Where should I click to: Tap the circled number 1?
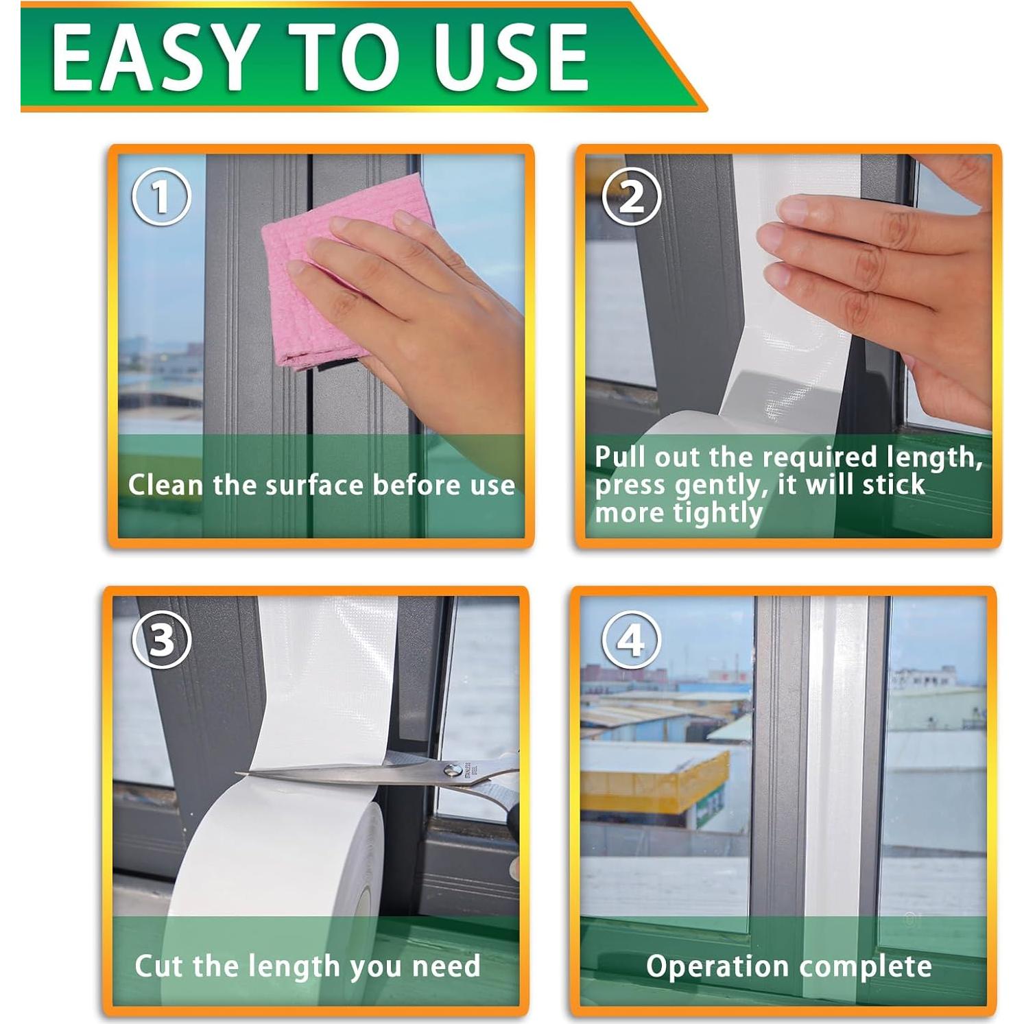coord(161,196)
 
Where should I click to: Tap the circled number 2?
coord(631,196)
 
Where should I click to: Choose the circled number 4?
coord(631,639)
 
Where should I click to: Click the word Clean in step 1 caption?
coord(166,485)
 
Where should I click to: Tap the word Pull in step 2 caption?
coord(621,456)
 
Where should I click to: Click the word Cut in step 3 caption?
coord(159,966)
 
